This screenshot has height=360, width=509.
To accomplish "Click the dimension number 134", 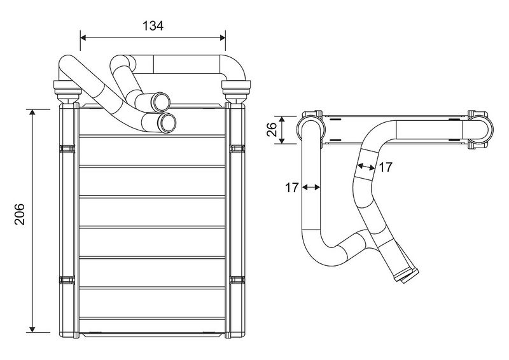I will point(153,25).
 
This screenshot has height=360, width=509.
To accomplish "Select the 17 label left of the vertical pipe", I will point(292,188).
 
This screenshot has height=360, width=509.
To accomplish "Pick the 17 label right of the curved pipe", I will point(386,167).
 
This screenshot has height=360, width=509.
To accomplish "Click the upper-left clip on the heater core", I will point(66,149).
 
